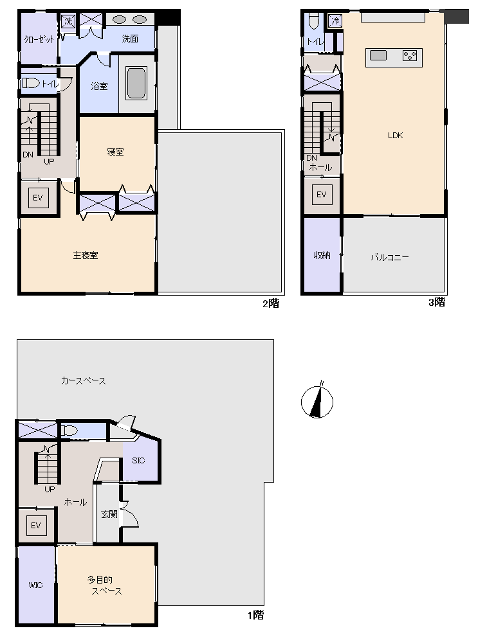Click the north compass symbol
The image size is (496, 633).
pos(317,401)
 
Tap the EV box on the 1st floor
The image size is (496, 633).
pos(36,525)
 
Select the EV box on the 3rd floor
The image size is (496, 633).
pos(322,195)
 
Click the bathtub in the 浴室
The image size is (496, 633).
pos(136,83)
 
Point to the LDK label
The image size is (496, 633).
pos(395,135)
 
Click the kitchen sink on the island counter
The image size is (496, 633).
pos(378,55)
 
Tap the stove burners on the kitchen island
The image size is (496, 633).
pos(410,56)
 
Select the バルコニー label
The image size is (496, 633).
pos(390,257)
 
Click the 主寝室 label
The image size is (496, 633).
pos(86,255)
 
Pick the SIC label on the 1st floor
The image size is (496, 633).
pos(138,460)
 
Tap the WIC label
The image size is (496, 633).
pos(35,585)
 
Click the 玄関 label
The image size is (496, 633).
pos(109,514)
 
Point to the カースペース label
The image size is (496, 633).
pos(83,380)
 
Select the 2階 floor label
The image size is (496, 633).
pos(271,303)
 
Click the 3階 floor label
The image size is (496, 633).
pos(437,302)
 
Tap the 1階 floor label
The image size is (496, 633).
pos(255,615)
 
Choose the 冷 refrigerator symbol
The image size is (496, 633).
pos(335,21)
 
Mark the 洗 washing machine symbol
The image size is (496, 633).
pos(68,21)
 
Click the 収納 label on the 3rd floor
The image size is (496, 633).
pos(322,255)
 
